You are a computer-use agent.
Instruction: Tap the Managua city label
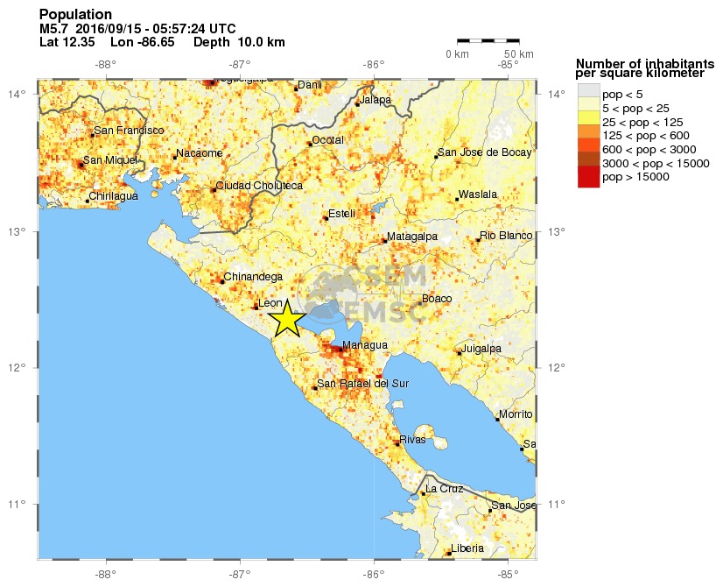click(364, 345)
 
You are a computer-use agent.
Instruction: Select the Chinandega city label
click(252, 278)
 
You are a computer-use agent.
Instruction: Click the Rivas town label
click(411, 439)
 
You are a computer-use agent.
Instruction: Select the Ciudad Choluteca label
click(259, 186)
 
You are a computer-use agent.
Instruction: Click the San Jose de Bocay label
click(484, 152)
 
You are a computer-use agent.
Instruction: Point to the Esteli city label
click(340, 213)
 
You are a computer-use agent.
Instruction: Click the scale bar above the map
click(488, 40)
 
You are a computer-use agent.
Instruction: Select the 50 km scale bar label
click(520, 54)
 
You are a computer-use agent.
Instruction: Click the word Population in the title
click(76, 15)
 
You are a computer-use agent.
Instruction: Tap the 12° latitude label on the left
click(25, 368)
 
